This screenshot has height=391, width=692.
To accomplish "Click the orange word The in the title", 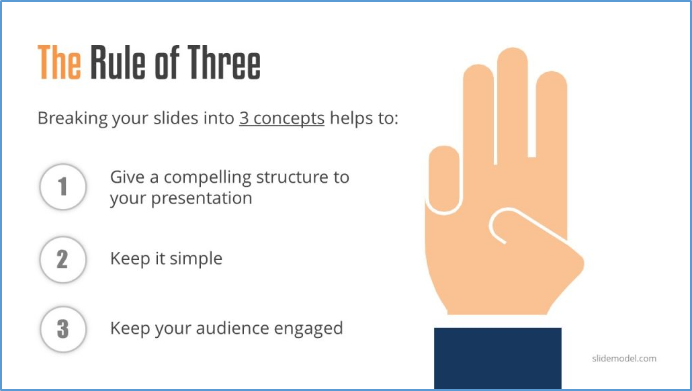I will click(x=59, y=63).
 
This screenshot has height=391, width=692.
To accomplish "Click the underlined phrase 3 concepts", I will click(x=282, y=119).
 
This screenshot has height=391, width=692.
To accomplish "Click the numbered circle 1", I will click(x=63, y=187).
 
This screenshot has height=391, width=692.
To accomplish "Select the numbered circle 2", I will click(x=63, y=259).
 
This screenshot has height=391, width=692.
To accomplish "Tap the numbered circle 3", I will click(x=63, y=329).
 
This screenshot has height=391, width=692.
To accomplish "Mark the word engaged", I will click(x=310, y=329).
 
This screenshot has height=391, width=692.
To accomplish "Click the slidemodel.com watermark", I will click(x=624, y=358).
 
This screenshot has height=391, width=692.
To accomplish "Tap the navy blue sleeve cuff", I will click(x=497, y=357).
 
